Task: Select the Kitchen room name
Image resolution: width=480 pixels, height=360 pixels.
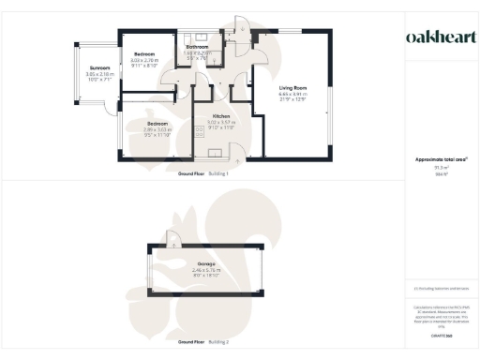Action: (x=221, y=116)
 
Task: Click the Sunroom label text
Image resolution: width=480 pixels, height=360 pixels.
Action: (x=99, y=68)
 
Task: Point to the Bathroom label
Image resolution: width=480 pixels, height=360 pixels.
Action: (x=197, y=47)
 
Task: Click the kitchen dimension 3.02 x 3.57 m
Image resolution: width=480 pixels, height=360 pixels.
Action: (x=221, y=123)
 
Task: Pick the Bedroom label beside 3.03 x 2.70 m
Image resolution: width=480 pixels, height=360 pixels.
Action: (x=143, y=55)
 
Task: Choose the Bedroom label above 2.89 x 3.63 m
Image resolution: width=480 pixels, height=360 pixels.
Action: (x=157, y=123)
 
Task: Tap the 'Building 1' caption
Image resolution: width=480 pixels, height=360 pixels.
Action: (x=218, y=173)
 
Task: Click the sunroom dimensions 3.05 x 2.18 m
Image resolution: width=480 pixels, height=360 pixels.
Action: (x=99, y=75)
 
